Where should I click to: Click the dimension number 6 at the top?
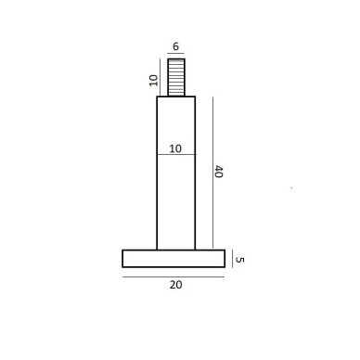point(175,46)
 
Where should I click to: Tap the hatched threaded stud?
point(176,77)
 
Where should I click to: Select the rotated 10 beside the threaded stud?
point(154,81)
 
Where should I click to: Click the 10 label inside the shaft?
point(175,148)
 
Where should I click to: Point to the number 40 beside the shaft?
point(219,172)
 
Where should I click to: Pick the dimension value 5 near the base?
point(239,260)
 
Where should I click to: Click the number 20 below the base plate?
point(175,285)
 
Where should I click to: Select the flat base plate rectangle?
point(174,258)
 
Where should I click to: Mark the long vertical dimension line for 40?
point(212,173)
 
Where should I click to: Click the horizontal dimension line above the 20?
point(174,276)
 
